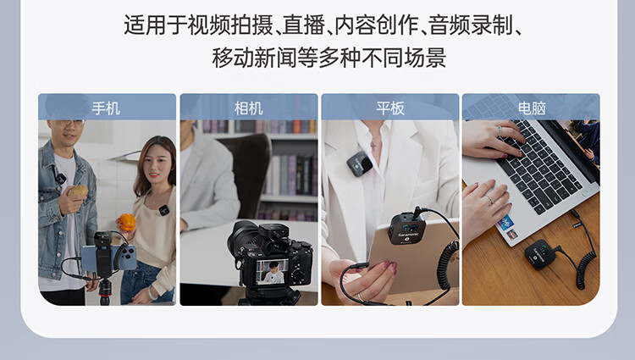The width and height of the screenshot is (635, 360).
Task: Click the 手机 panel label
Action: pyautogui.click(x=106, y=108)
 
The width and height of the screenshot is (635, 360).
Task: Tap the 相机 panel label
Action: pyautogui.click(x=248, y=108)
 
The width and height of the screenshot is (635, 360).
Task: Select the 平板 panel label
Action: pyautogui.click(x=390, y=108)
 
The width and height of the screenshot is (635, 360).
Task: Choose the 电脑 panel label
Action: pyautogui.click(x=532, y=108)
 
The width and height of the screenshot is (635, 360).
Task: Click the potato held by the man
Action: pyautogui.click(x=78, y=191)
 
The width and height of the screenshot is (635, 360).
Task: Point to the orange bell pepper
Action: pyautogui.click(x=128, y=222)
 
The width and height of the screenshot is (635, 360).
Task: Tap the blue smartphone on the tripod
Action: pyautogui.click(x=108, y=258)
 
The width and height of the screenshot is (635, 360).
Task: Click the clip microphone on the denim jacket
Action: pyautogui.click(x=61, y=178)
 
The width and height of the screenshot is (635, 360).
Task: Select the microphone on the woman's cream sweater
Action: pyautogui.click(x=163, y=210)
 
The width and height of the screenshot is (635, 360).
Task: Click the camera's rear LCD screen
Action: pyautogui.click(x=272, y=271)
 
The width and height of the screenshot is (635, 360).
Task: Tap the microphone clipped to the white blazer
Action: pyautogui.click(x=359, y=163)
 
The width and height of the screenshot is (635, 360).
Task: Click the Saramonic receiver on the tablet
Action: pyautogui.click(x=406, y=229)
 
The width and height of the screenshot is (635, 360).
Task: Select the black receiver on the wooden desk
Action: pyautogui.click(x=541, y=254)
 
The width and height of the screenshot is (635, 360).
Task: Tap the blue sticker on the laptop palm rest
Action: pyautogui.click(x=505, y=222)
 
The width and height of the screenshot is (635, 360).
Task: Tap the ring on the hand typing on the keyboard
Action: pyautogui.click(x=499, y=131)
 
